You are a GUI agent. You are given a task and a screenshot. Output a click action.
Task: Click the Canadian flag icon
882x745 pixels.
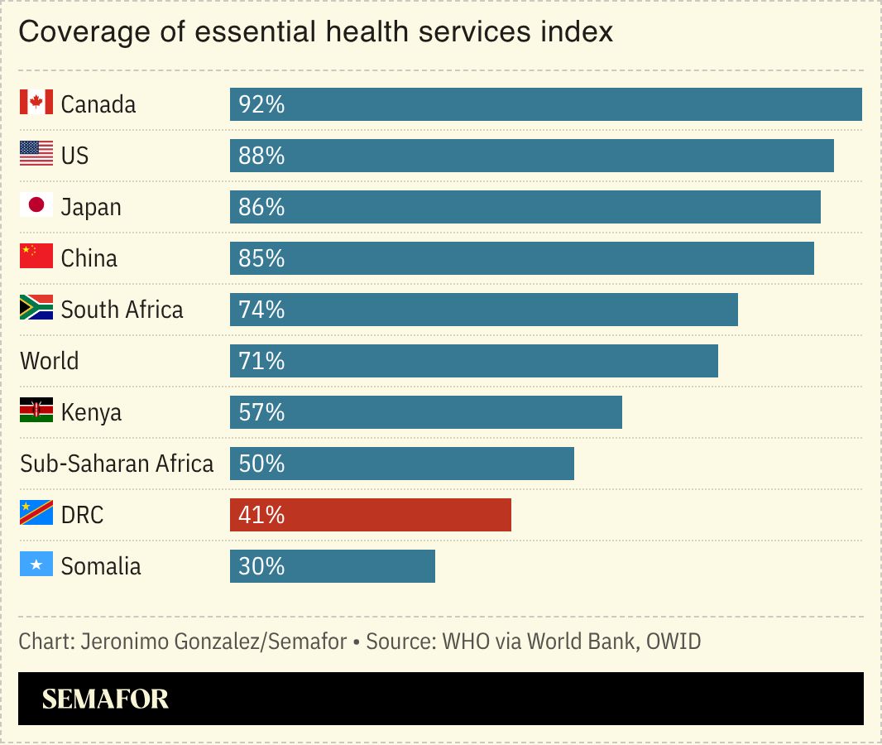[x=36, y=103]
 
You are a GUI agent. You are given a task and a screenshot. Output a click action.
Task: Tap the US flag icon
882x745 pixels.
[x=36, y=155]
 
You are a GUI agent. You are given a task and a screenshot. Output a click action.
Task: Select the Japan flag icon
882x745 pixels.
[x=36, y=206]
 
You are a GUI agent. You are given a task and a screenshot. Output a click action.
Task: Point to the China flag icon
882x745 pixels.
[x=36, y=257]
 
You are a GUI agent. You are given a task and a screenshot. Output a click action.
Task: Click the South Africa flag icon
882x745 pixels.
[x=36, y=309]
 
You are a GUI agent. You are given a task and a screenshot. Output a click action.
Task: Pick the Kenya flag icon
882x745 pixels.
[x=36, y=411]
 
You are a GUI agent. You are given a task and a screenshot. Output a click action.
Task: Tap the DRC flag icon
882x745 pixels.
[x=36, y=514]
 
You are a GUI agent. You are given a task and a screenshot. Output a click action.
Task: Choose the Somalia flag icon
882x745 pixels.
[x=36, y=565]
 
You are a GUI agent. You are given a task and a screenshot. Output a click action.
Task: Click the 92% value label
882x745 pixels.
[x=261, y=104]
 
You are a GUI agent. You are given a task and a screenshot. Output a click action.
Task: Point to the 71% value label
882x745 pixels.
[x=261, y=361]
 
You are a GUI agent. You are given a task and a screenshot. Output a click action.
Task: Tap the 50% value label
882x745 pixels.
[x=261, y=464]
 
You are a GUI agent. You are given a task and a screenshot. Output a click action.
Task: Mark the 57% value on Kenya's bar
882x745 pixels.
[x=261, y=412]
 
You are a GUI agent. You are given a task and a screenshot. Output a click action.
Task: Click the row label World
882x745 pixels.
[x=50, y=361]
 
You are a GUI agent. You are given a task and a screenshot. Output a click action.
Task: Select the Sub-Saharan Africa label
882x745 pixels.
[x=117, y=464]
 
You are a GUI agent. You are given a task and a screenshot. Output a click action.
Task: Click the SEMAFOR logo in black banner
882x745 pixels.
[x=105, y=699]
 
